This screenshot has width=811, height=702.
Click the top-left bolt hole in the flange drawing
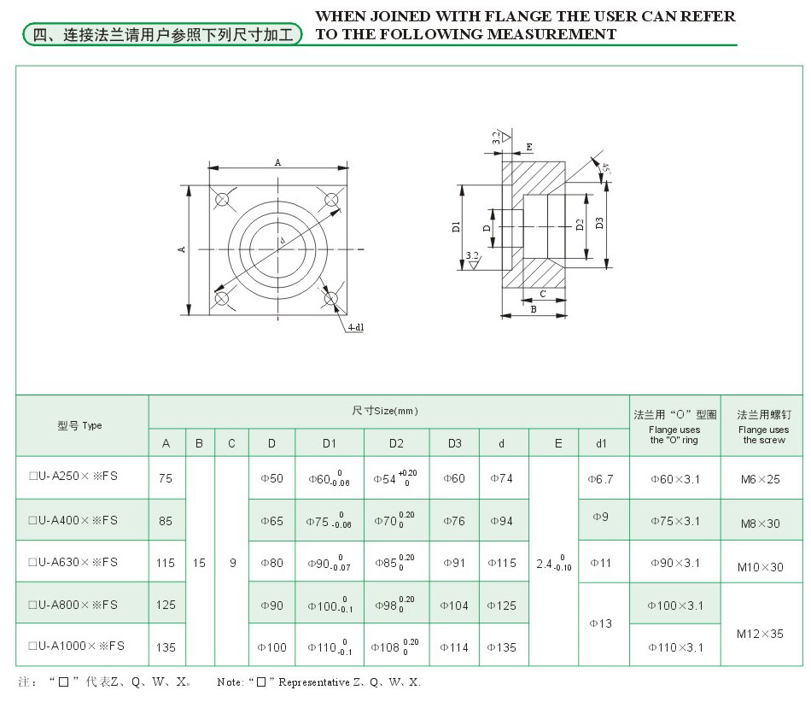tap(223, 200)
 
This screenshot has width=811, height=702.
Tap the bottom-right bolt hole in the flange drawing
tap(333, 298)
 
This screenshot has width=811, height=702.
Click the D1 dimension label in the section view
tap(457, 226)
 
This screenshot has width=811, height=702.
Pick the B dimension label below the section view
tap(533, 309)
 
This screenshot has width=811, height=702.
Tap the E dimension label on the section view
tap(529, 147)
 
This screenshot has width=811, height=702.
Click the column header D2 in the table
tap(396, 443)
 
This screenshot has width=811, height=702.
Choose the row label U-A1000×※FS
tap(76, 646)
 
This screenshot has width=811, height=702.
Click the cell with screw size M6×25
tap(761, 479)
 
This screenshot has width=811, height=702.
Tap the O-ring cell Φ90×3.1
tap(675, 563)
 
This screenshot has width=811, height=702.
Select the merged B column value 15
tap(199, 563)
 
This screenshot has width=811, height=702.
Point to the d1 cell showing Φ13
tap(602, 623)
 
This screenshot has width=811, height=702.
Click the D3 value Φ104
tap(454, 605)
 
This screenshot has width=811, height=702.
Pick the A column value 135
tap(166, 647)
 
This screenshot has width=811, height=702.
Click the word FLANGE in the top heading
tap(491, 17)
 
